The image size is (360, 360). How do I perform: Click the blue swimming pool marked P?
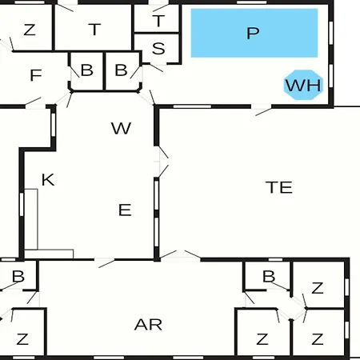pos(254,33)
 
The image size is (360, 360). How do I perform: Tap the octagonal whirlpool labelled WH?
pos(303,85)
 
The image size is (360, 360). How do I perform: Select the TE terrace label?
pos(278,187)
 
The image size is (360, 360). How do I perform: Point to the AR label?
pos(148,325)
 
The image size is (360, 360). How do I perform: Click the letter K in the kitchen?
pos(48,179)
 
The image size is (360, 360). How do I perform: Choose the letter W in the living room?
pos(121,128)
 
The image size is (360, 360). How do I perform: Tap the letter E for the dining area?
pos(125,210)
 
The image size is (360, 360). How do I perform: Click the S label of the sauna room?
pos(158,49)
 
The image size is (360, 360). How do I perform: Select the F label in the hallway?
pos(36,75)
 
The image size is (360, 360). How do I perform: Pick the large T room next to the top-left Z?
pos(93,28)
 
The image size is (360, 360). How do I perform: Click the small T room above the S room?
pos(157,18)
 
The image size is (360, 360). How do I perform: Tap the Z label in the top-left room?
pos(30,30)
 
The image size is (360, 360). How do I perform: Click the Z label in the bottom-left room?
pos(22,339)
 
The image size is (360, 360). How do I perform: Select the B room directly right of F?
pos(86,71)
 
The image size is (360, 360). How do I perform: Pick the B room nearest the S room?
pos(122,71)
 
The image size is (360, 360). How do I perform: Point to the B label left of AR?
pos(18,276)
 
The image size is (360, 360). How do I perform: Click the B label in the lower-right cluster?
pos(269,276)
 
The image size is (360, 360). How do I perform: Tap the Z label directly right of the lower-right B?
pos(318,288)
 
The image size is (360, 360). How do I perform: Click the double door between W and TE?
pos(162,162)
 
